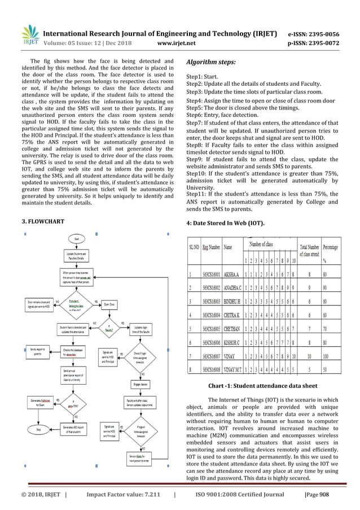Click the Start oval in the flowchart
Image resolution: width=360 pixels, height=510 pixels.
point(76,239)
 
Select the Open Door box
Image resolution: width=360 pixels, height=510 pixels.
point(109,304)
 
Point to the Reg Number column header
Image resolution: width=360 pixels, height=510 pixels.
point(212,247)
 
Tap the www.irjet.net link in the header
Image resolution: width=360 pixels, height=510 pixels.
point(179,42)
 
